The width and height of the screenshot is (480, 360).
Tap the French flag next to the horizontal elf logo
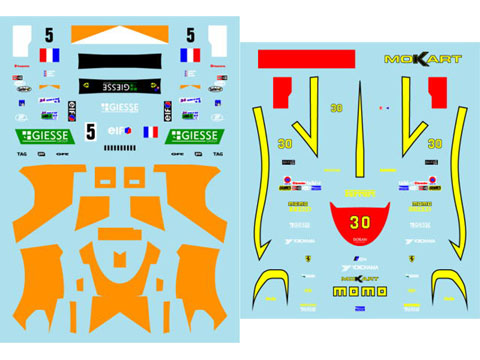[x=151, y=131]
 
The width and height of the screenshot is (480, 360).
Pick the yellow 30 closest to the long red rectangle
[x=336, y=108]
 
